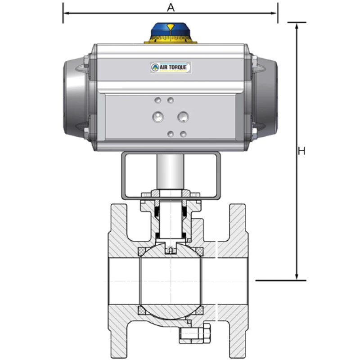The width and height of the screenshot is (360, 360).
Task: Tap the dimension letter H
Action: [x=301, y=151]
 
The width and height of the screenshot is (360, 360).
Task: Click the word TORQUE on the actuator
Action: [x=180, y=67]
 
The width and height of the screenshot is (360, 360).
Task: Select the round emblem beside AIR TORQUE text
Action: [x=155, y=67]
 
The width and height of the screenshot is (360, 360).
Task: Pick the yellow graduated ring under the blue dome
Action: [x=171, y=40]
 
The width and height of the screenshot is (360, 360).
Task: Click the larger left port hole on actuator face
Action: [x=158, y=117]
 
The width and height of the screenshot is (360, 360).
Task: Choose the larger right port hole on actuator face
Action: [x=183, y=117]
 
